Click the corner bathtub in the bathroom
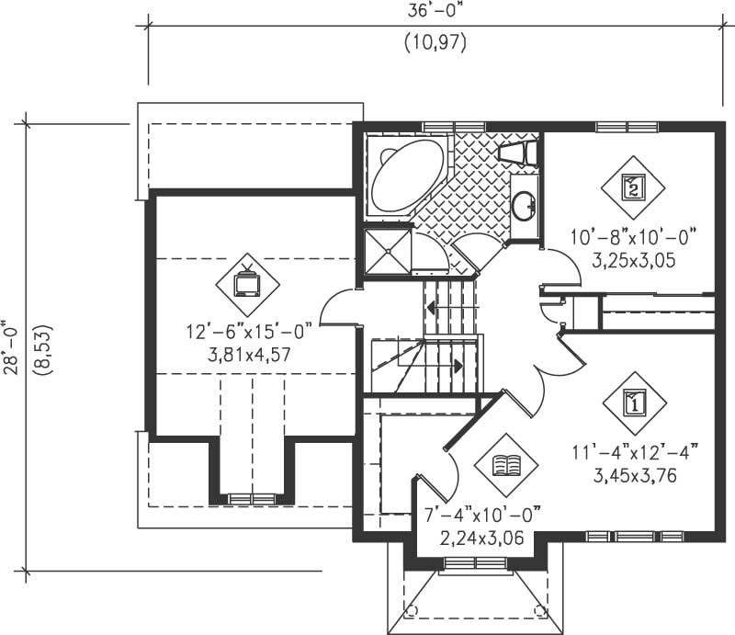[x=404, y=175]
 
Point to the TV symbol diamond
[x=247, y=283]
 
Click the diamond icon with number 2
[x=634, y=187]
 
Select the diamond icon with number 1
[x=634, y=402]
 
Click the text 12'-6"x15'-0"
[x=250, y=332]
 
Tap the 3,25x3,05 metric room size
[x=634, y=260]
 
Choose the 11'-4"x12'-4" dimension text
[x=634, y=451]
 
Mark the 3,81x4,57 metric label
[x=250, y=354]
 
